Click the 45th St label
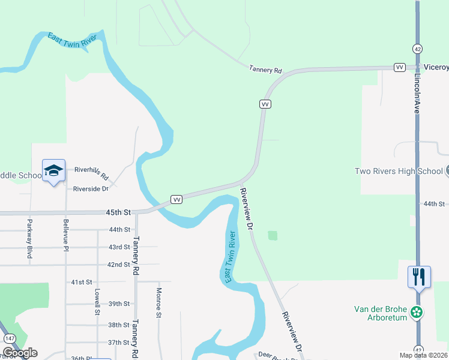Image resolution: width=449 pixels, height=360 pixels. click(118, 212)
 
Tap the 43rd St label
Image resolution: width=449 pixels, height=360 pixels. click(119, 247)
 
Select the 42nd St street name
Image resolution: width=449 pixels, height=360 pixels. click(119, 265)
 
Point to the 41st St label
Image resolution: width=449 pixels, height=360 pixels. click(82, 282)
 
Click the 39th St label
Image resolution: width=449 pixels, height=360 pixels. click(119, 304)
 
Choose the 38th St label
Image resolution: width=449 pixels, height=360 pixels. click(119, 325)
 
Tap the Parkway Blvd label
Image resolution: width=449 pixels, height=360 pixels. click(29, 239)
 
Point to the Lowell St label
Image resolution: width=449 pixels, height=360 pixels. click(97, 302)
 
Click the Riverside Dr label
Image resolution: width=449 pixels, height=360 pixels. click(91, 188)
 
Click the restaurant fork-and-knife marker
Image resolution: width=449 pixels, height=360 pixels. click(418, 277)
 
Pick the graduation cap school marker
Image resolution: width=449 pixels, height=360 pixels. click(53, 170)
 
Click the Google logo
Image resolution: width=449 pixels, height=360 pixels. click(20, 352)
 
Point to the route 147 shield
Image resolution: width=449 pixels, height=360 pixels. click(10, 339)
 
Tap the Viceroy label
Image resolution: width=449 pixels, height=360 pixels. click(436, 67)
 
